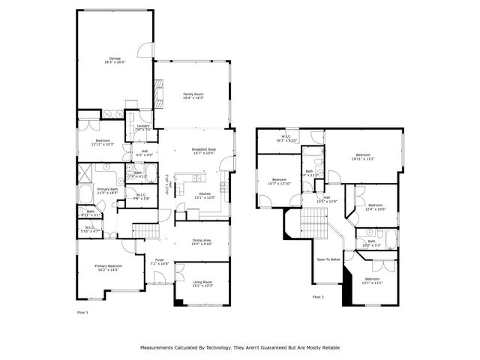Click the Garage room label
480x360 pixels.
coord(114,58)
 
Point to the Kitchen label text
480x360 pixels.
coord(205,193)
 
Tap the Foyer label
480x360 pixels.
coord(159,262)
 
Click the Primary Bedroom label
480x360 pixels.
coord(108,266)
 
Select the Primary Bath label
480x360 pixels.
coord(108,188)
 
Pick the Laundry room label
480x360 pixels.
coord(142,126)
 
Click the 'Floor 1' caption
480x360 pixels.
coord(82,311)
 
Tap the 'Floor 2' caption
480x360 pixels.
coord(318,297)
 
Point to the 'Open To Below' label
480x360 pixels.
coord(328,259)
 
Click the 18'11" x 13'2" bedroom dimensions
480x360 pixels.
coord(363,159)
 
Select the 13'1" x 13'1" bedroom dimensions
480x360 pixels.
coord(373,283)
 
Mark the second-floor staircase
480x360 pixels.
coord(315,222)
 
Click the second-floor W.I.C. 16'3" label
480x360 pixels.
coord(287,137)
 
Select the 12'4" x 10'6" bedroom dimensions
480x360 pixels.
coord(375,209)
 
